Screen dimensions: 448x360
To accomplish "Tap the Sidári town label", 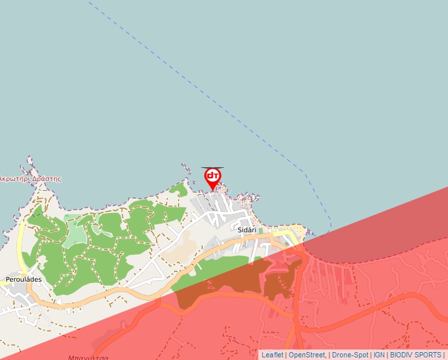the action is (247, 230).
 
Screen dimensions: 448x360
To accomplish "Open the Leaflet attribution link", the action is (272, 355).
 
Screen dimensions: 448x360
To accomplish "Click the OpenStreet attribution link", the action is (306, 355).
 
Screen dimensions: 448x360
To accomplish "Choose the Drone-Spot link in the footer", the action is (349, 355).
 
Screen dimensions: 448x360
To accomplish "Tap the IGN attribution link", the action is (379, 355).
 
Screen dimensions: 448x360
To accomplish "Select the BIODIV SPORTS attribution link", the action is (415, 355).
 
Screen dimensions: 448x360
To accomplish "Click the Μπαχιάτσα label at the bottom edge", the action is (88, 357).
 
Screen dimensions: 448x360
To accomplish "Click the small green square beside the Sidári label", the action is (261, 230).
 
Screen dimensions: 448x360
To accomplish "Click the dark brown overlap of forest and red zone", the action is (224, 283).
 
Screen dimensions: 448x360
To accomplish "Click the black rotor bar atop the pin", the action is (212, 168).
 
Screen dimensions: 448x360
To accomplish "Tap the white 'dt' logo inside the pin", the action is (212, 176).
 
